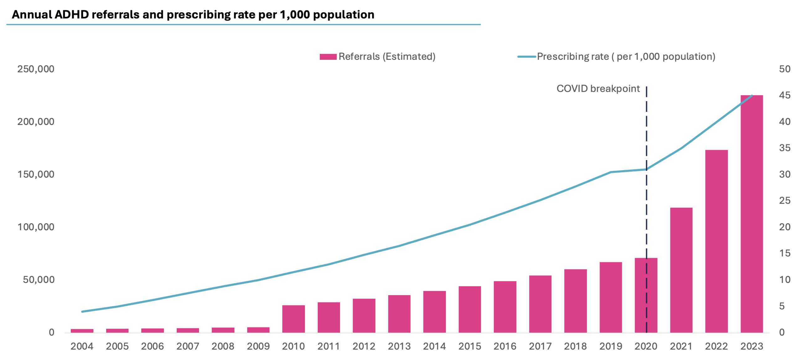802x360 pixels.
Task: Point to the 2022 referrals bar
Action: point(716,241)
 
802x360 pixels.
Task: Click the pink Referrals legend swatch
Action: point(328,57)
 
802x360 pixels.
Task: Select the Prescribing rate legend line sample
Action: point(526,57)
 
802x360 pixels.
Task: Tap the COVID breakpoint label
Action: point(598,89)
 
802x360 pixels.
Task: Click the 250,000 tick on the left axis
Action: point(35,69)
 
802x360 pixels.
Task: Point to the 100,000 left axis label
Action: point(35,227)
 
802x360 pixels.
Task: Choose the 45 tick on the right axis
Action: point(784,95)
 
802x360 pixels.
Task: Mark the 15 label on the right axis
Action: point(784,253)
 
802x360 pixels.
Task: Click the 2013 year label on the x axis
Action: point(399,346)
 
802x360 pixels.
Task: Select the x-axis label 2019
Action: point(610,346)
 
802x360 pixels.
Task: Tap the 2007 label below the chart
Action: point(187,346)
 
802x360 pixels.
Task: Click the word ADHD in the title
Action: point(71,15)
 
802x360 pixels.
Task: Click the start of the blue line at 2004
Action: point(82,311)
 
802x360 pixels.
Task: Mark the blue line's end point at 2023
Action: point(752,95)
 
